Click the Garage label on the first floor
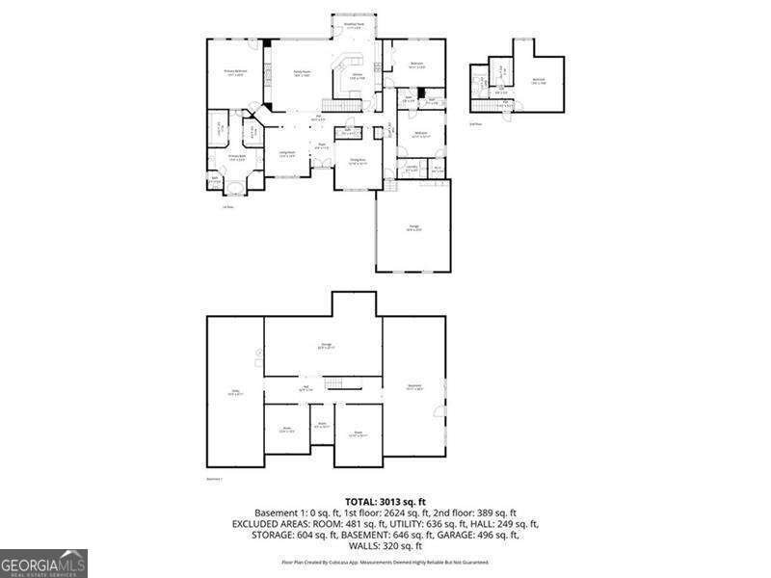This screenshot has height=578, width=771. point(412,228)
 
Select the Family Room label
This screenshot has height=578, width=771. point(301,73)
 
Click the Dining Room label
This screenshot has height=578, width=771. point(359,161)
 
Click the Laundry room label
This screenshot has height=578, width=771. point(412,169)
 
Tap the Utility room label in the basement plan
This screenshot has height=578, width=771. point(234,392)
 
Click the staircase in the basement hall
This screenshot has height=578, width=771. point(334,385)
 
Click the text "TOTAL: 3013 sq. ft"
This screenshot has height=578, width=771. point(385,502)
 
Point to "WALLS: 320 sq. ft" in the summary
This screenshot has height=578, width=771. point(385,545)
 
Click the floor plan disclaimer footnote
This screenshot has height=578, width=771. point(385,562)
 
